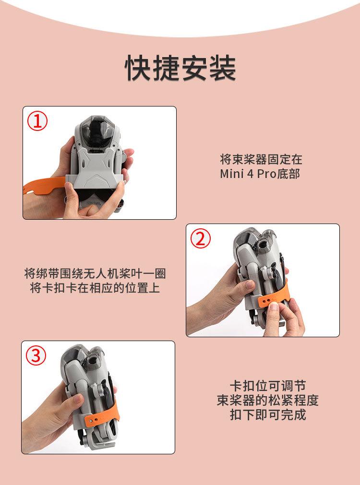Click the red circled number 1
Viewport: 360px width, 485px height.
point(37,121)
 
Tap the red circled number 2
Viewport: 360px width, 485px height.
point(201,238)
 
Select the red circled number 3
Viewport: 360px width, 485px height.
point(36,355)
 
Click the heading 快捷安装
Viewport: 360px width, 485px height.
point(180,68)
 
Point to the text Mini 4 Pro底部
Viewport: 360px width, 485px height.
point(260,174)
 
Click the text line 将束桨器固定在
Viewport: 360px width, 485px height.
point(261,159)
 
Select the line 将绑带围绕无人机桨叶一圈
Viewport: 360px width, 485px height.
point(95,273)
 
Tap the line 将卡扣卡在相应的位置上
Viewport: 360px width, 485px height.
point(95,288)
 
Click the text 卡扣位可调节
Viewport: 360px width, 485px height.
point(267,386)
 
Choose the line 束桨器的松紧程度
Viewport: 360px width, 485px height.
point(267,400)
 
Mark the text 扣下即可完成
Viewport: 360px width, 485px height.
point(267,415)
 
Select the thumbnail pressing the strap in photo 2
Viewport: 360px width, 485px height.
point(274,306)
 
